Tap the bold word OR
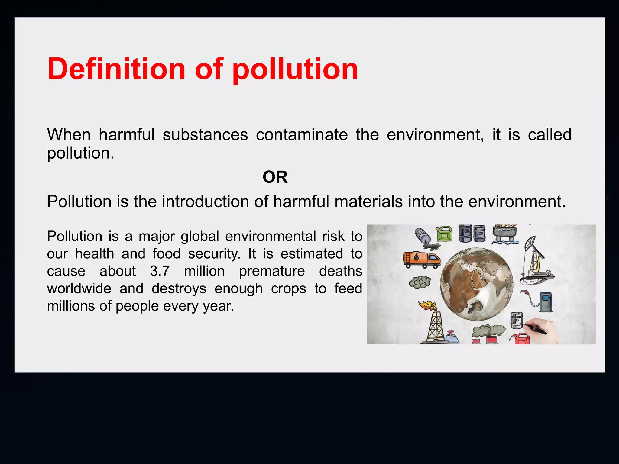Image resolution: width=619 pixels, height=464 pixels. [x=275, y=177]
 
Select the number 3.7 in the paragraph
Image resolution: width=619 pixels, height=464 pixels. [x=160, y=271]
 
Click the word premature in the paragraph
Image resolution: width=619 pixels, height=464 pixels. [x=272, y=271]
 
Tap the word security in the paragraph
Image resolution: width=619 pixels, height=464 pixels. [x=214, y=254]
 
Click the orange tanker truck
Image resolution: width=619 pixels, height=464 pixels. [x=422, y=259]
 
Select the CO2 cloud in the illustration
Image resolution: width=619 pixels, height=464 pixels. [x=420, y=282]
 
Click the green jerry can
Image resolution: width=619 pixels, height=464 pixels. [x=444, y=234]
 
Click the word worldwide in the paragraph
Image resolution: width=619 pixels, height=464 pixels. [x=79, y=288]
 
